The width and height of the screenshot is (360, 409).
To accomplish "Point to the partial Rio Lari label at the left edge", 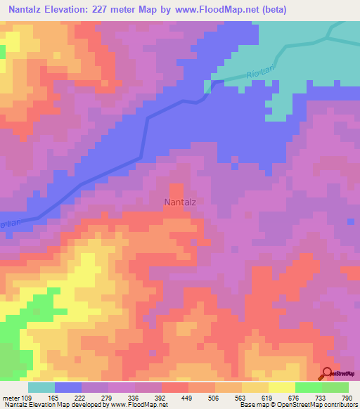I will click(8, 223).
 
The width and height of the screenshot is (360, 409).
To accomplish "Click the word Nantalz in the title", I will click(29, 9).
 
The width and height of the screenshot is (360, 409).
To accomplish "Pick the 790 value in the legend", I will click(347, 398).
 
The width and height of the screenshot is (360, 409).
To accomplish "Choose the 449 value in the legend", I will click(188, 398).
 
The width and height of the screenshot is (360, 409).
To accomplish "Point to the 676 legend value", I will click(295, 398).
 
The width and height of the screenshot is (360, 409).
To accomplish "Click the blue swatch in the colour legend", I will click(67, 387).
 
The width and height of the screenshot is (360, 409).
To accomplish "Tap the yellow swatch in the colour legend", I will click(281, 387).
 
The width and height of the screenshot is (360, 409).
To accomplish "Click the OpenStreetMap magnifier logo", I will click(327, 373).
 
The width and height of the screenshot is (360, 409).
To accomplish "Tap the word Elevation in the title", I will click(73, 9).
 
